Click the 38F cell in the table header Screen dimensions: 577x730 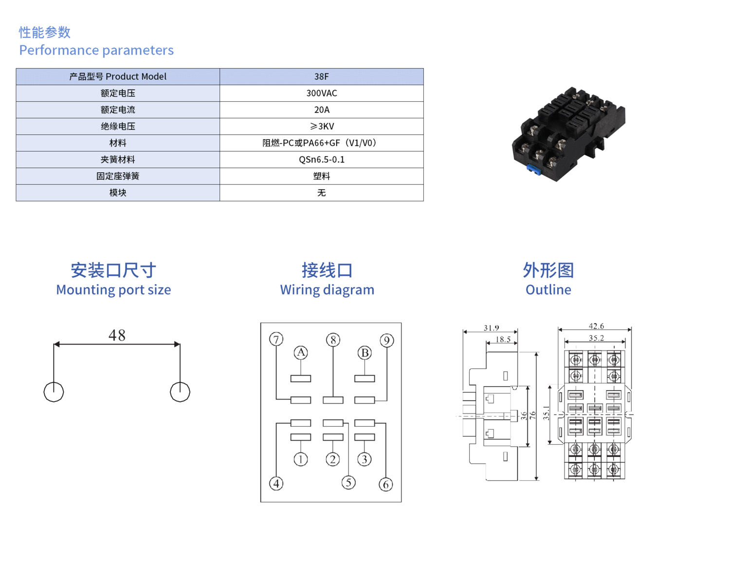tap(321, 77)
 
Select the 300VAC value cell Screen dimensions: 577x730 tap(321, 93)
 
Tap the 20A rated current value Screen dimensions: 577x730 tap(321, 110)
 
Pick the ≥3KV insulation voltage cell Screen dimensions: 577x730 tap(321, 126)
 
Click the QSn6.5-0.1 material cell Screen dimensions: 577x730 tap(321, 160)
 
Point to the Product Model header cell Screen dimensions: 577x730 tap(118, 77)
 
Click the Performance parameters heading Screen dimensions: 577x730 tap(96, 50)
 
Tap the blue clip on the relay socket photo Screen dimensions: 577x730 tap(534, 169)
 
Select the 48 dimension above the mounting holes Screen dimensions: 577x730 tap(117, 335)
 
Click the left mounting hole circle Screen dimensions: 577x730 tap(54, 392)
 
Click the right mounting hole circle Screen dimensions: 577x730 tap(180, 392)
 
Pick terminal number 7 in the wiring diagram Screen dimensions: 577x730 tap(276, 339)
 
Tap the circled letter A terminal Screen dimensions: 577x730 tap(301, 353)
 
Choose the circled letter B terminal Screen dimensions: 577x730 tap(365, 353)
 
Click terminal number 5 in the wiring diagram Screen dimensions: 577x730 tap(348, 483)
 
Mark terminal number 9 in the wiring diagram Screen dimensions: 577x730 tap(387, 340)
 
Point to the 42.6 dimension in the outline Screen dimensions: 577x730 tap(596, 326)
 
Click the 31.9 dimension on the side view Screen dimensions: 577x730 tap(491, 328)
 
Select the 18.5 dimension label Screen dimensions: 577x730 tap(503, 340)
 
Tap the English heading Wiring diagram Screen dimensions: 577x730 tap(327, 290)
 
